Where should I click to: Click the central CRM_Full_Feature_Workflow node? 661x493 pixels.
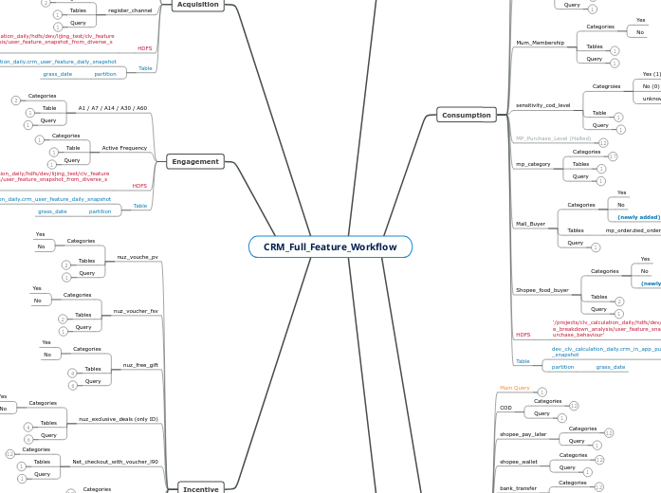point(330,246)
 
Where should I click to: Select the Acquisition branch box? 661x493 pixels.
point(198,5)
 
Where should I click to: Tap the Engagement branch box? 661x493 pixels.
point(195,162)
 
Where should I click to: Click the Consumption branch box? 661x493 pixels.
point(466,115)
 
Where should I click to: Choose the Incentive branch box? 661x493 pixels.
point(200,488)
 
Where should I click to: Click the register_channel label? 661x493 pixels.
point(129,10)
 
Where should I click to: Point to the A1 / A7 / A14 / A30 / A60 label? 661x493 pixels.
point(113,108)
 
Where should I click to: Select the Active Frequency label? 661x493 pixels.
point(124,148)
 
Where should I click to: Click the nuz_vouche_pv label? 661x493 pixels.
point(138,256)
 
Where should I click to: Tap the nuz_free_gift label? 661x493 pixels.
point(140,364)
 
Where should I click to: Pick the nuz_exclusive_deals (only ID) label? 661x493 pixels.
point(119,418)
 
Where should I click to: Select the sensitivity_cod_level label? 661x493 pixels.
point(543,104)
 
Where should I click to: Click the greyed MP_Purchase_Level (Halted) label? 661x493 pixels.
point(553,138)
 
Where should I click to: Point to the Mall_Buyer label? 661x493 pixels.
point(531,224)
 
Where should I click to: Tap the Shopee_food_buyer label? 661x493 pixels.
point(542,289)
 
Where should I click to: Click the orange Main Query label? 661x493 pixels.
point(515,388)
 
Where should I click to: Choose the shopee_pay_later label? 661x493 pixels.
point(523,433)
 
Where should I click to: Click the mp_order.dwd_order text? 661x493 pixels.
point(633,230)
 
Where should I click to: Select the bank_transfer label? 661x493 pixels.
point(518,487)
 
